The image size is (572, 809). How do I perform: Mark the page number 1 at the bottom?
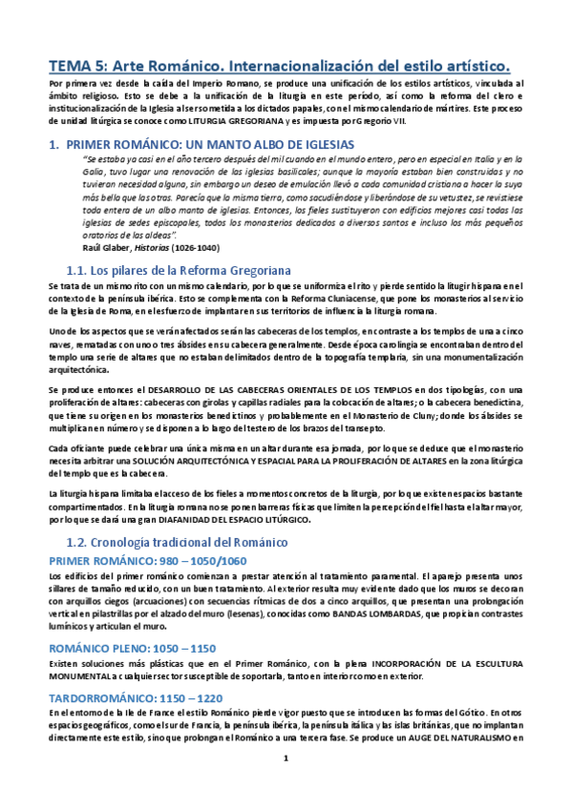[x=286, y=784]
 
